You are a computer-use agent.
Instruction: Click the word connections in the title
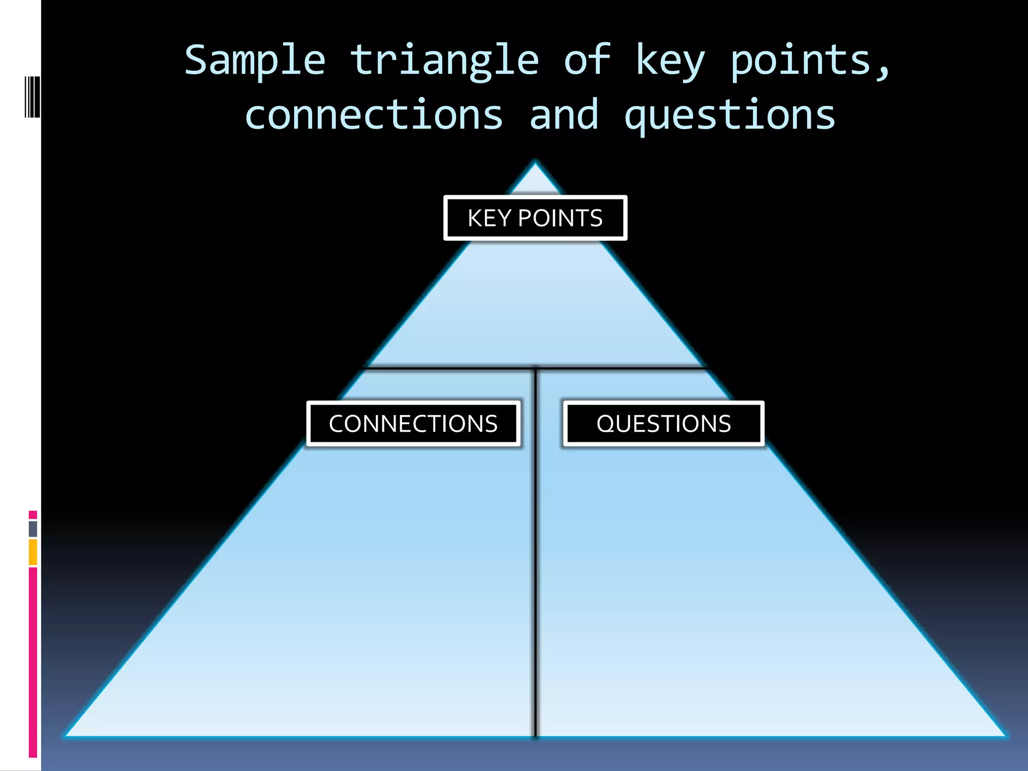click(x=374, y=115)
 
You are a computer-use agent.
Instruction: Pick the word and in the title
click(x=564, y=115)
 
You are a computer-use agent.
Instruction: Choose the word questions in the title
click(x=730, y=115)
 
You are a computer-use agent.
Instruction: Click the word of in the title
click(x=587, y=60)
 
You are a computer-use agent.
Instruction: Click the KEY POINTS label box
click(x=535, y=218)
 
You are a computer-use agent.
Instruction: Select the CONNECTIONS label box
click(x=413, y=424)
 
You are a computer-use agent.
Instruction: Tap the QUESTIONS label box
click(x=664, y=424)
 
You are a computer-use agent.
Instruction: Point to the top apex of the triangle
click(x=535, y=164)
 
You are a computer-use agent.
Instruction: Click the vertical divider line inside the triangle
click(x=536, y=577)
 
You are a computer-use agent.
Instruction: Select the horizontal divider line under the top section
click(x=452, y=368)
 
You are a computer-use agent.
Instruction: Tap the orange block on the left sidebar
click(x=33, y=552)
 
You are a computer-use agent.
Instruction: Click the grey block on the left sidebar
click(x=33, y=529)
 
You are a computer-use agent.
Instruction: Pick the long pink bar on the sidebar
click(x=33, y=663)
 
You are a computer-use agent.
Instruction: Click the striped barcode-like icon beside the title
click(x=32, y=97)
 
